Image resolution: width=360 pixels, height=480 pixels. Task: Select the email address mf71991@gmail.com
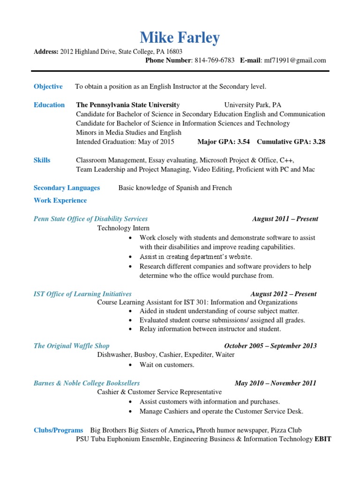[295, 60]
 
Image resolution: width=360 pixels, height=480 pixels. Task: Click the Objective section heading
[48, 86]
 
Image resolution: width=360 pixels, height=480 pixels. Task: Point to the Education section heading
[49, 105]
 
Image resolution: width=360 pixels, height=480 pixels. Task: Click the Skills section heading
[42, 160]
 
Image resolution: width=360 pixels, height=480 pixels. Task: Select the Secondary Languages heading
[67, 188]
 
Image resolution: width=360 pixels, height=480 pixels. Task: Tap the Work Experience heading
[60, 201]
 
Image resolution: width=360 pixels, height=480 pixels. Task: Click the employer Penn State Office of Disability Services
[90, 219]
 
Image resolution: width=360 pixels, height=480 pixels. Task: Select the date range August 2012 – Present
[284, 294]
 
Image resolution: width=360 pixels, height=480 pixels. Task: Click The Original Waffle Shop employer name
[71, 346]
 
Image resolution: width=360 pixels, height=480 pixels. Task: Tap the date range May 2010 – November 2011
[276, 383]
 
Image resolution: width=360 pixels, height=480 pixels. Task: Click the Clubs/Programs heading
[58, 430]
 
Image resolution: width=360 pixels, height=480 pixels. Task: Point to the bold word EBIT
[323, 439]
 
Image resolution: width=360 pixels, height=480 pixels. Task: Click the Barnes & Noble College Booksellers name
[87, 383]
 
